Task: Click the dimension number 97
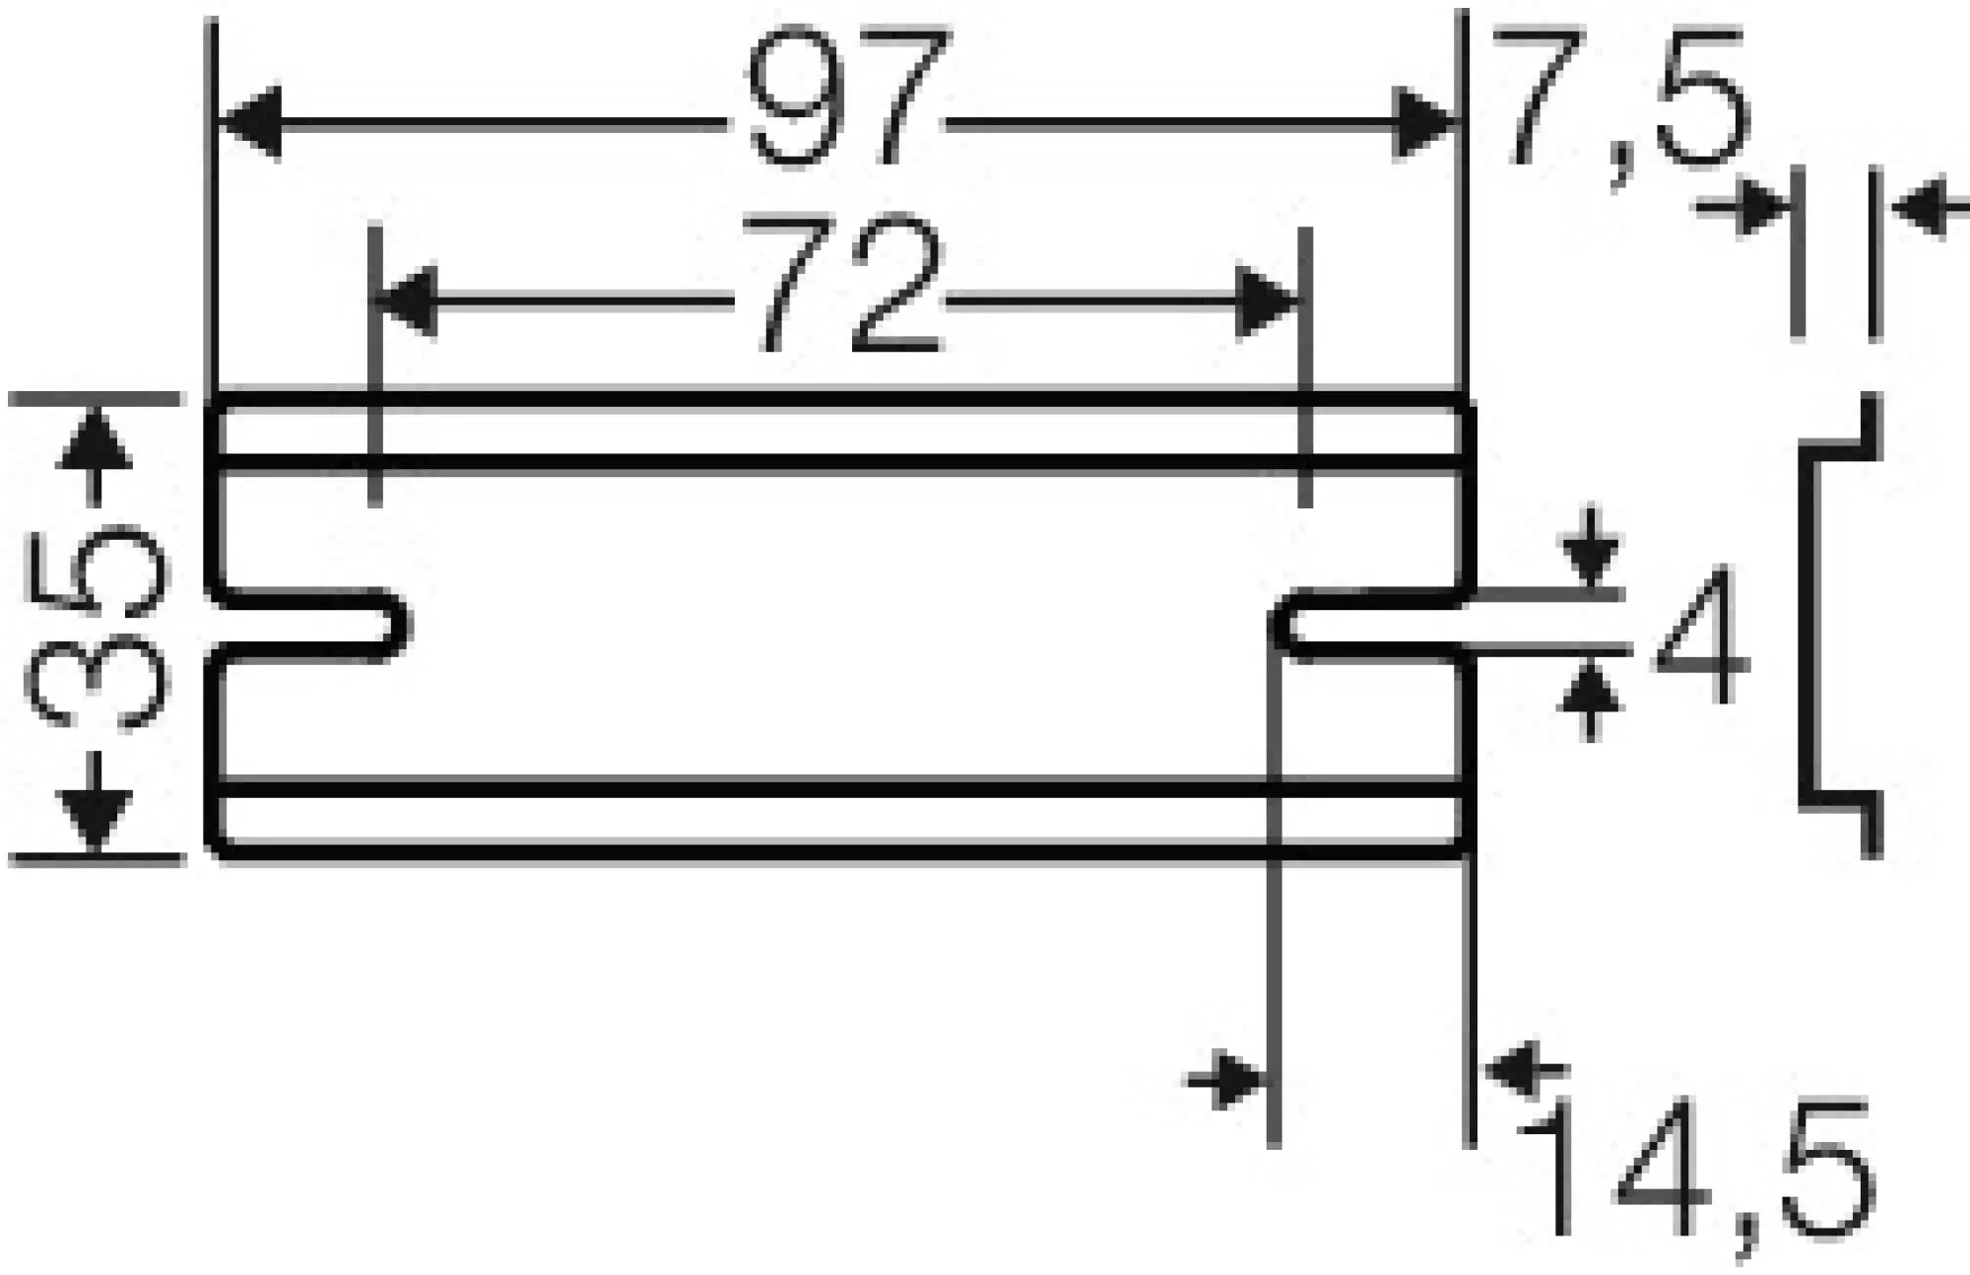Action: point(847,99)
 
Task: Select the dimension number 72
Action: point(842,286)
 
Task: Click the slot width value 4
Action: point(1702,636)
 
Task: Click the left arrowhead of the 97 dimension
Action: point(250,122)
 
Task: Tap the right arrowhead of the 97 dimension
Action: point(1422,122)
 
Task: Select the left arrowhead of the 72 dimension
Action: point(406,300)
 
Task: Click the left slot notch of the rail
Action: point(310,625)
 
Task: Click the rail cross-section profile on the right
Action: point(1837,625)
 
